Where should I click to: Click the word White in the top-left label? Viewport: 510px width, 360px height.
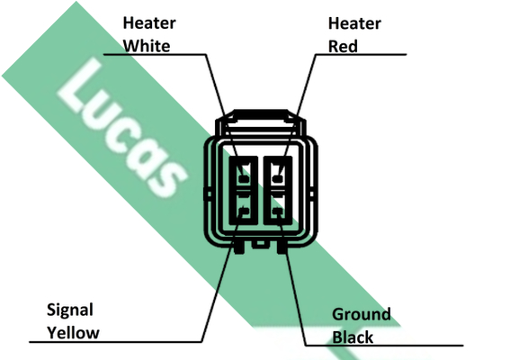point(147,46)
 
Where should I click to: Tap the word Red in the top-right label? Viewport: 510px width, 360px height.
point(343,46)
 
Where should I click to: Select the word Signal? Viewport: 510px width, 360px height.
point(70,310)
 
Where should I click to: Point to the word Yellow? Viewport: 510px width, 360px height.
point(73,333)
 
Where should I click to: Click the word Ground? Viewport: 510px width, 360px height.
point(362,314)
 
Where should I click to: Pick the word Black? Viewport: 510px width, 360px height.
point(353,337)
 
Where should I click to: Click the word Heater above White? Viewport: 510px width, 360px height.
point(149,23)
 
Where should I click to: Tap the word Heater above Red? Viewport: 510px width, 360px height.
point(354,23)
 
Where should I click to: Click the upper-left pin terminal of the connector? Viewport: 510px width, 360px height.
point(244,178)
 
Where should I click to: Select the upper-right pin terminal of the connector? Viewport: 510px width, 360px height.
point(277,178)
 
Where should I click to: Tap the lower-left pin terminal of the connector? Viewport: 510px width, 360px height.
point(244,211)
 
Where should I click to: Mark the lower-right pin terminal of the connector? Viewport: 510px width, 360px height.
point(277,211)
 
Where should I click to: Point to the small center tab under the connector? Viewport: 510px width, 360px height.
point(260,244)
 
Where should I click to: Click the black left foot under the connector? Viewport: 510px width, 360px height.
point(239,247)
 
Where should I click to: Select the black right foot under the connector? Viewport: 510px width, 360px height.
point(282,247)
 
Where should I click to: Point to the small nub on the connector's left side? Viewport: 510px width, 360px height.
point(209,194)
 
